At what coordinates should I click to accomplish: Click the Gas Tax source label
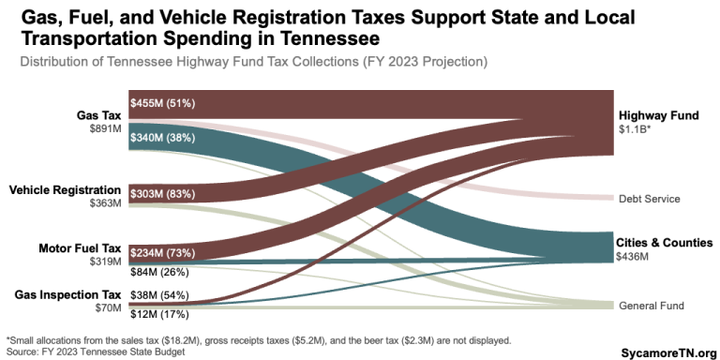[x=98, y=115]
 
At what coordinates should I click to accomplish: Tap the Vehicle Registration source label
[x=66, y=190]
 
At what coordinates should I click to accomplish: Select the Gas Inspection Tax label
[x=67, y=294]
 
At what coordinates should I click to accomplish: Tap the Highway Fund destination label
[x=658, y=115]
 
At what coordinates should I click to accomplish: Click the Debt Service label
[x=649, y=199]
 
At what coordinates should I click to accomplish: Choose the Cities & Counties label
[x=664, y=242]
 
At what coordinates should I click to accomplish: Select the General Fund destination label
[x=651, y=306]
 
